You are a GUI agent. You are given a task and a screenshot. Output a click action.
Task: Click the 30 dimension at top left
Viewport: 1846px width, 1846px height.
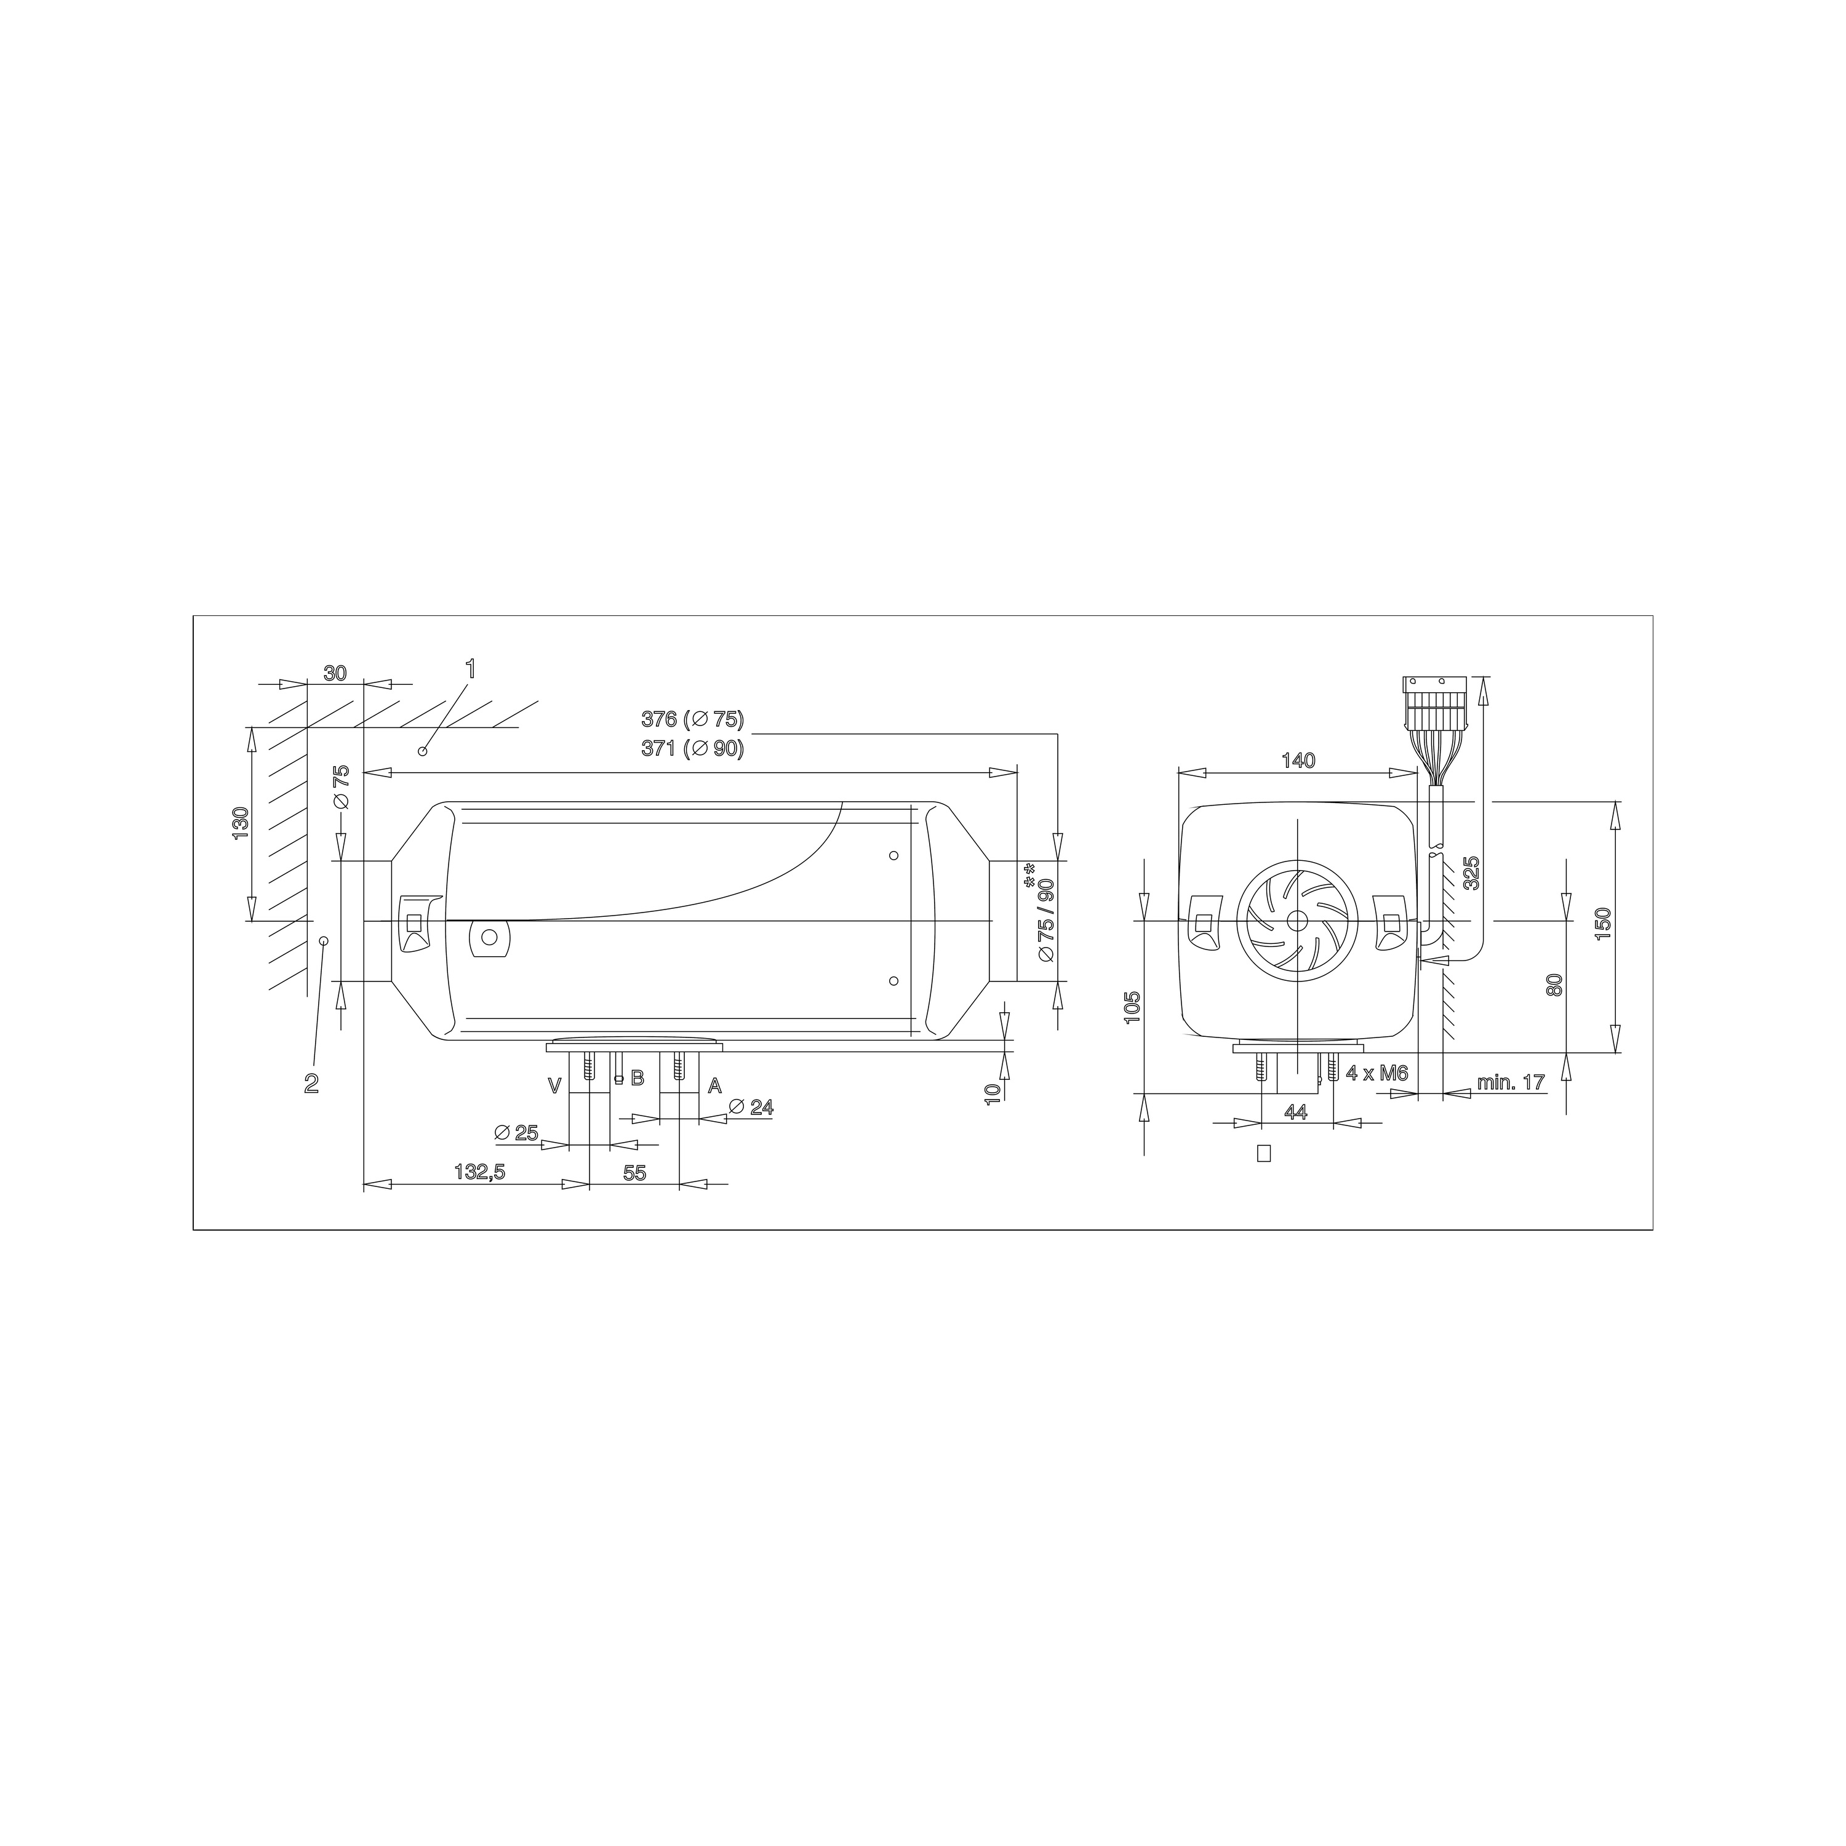click(x=334, y=673)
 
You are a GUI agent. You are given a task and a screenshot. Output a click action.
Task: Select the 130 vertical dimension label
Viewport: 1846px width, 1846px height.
click(x=240, y=824)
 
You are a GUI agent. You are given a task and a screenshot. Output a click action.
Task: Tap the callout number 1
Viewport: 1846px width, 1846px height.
click(x=469, y=668)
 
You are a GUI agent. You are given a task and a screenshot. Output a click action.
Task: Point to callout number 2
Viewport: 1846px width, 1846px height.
click(x=311, y=1084)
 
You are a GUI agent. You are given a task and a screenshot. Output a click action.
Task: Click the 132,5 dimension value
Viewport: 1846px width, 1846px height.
click(x=480, y=1172)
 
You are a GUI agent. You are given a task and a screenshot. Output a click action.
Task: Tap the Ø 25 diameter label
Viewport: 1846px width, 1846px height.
click(x=517, y=1132)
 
